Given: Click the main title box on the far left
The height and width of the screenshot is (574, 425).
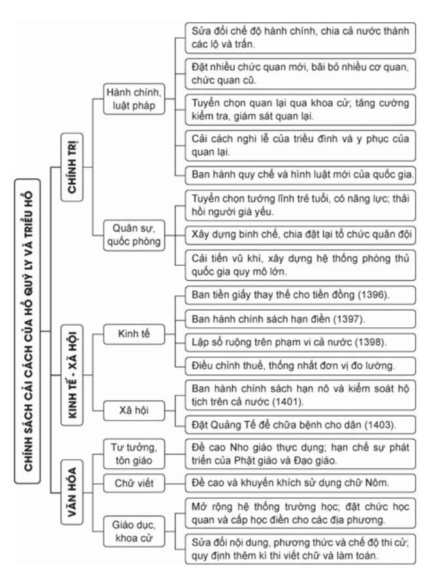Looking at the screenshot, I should point(27,332).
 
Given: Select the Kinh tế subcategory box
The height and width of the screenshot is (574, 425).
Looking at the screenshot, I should point(133,333).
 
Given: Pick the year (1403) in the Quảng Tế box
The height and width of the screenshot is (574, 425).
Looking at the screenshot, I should point(377,424).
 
